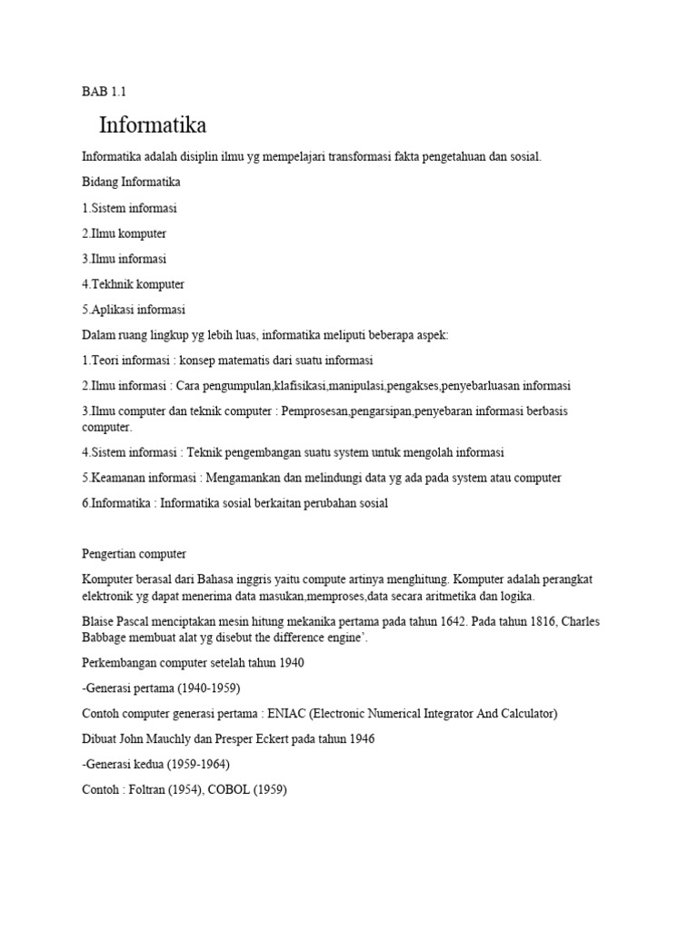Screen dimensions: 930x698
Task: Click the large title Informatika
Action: coord(153,124)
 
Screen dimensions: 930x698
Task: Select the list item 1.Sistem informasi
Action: coord(130,208)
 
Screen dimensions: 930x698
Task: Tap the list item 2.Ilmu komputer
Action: coord(125,233)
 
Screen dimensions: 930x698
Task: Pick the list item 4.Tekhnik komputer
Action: coord(134,284)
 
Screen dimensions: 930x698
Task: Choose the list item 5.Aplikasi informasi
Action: coord(134,310)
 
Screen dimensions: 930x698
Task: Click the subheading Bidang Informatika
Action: coord(132,183)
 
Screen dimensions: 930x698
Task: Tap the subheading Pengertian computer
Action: coord(134,554)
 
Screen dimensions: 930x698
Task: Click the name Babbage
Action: coord(105,638)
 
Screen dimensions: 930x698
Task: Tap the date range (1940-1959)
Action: coord(204,688)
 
